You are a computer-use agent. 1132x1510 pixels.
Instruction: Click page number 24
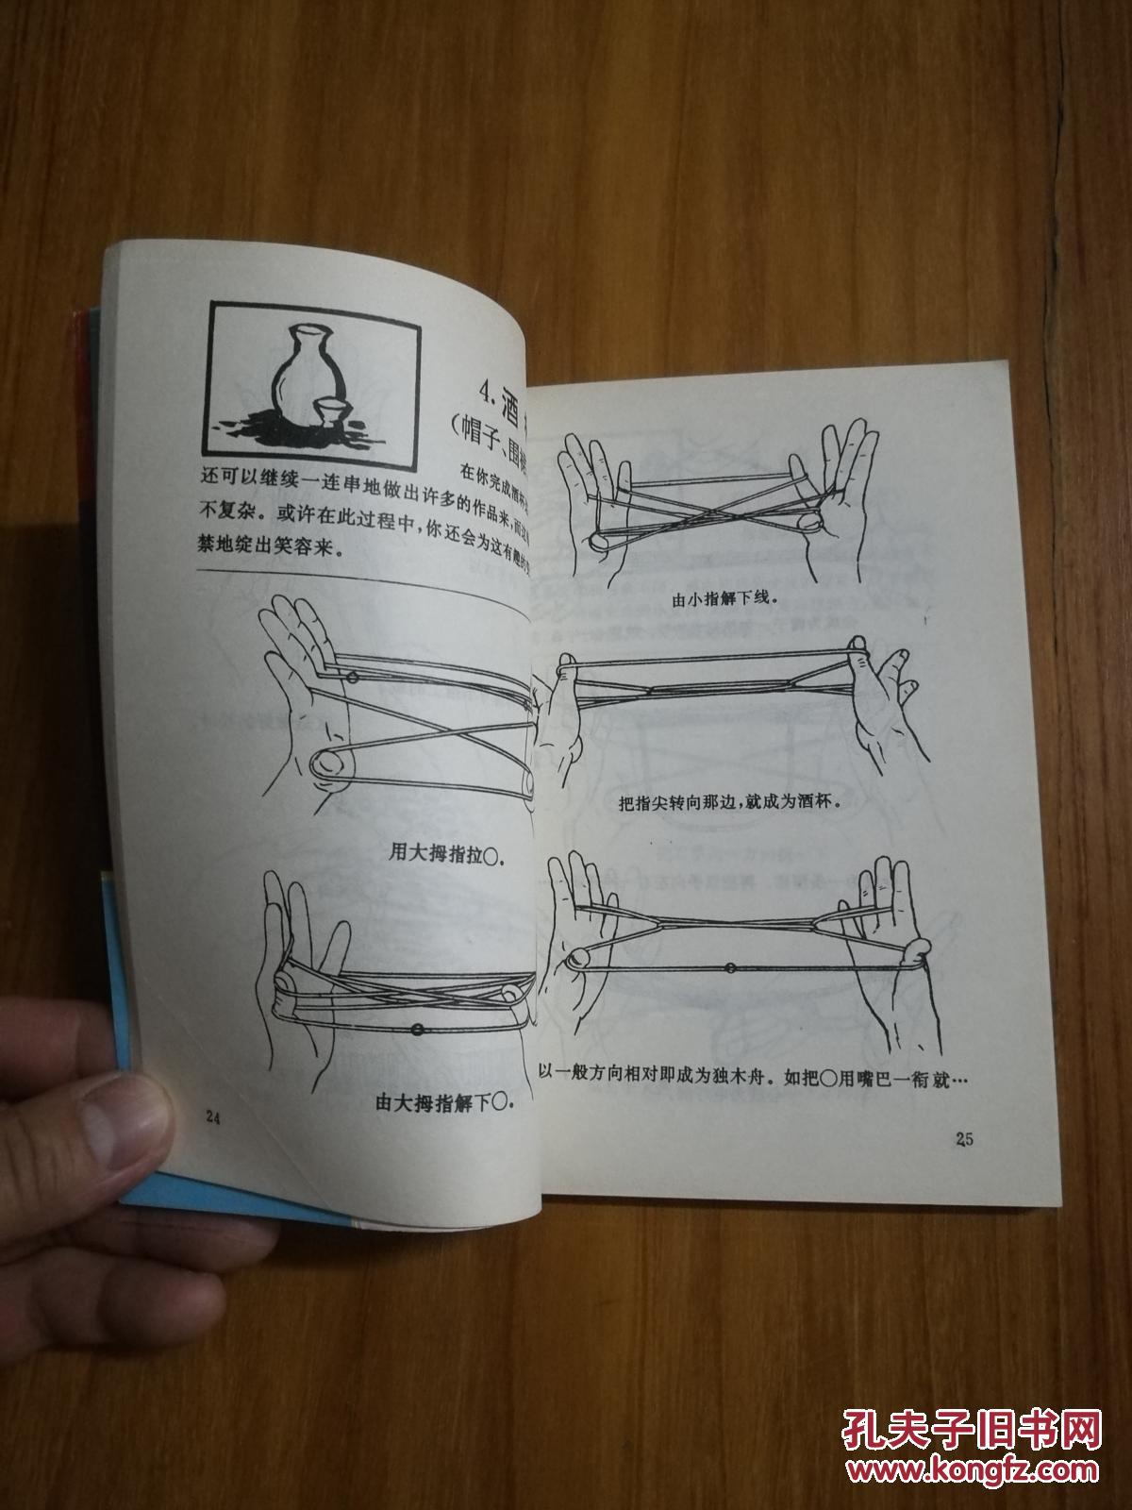212,1117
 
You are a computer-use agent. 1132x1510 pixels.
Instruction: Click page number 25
963,1139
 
